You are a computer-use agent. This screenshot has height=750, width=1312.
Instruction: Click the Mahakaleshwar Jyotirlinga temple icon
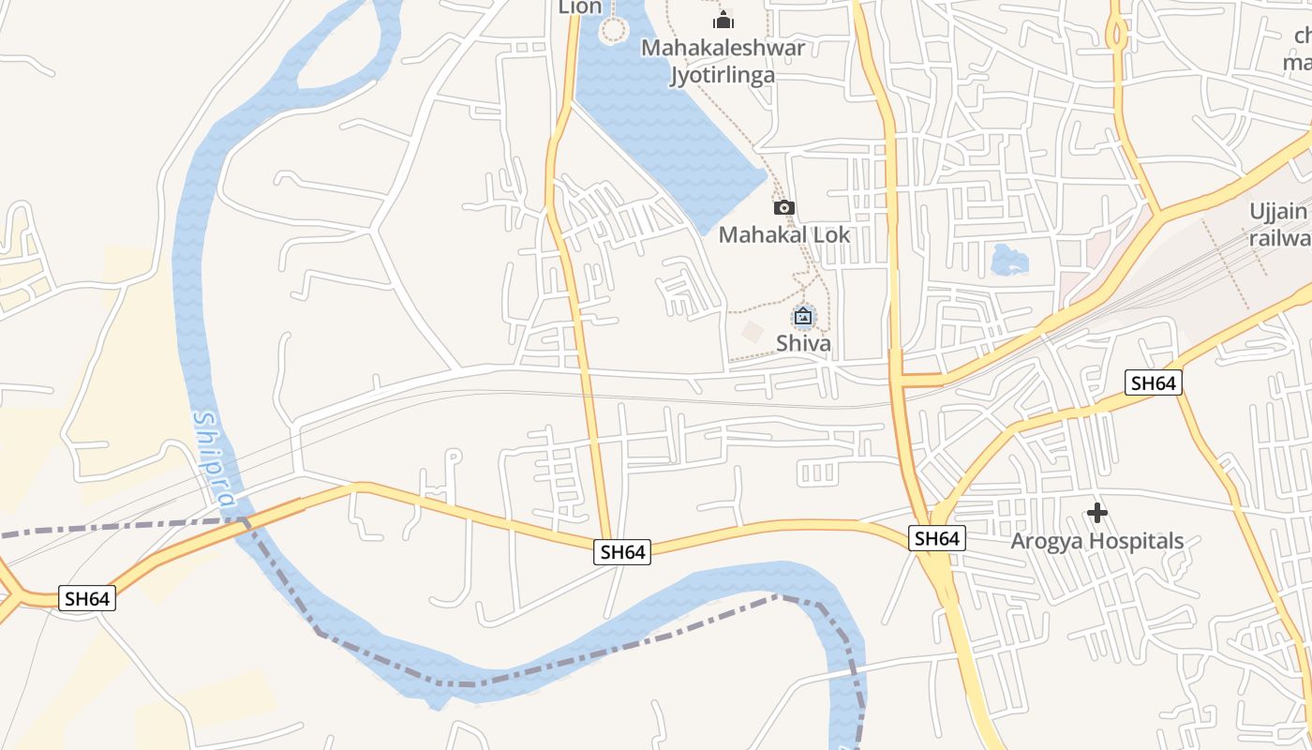point(723,20)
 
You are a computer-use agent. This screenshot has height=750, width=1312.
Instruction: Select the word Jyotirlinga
point(723,75)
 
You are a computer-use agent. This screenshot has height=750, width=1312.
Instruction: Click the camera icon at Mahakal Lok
point(784,207)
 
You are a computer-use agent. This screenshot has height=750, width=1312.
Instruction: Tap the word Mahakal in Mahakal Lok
point(761,234)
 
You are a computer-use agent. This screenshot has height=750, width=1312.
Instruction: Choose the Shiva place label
point(803,343)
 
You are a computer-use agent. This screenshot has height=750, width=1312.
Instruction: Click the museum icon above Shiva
point(803,317)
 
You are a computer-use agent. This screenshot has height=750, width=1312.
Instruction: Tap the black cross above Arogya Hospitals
point(1097,513)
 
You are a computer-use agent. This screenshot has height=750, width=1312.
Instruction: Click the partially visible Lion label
point(580,7)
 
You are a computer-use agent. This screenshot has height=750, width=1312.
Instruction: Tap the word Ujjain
point(1277,211)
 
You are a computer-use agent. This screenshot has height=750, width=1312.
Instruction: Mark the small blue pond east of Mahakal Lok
point(1008,260)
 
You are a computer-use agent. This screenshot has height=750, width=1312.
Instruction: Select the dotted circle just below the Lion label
point(613,31)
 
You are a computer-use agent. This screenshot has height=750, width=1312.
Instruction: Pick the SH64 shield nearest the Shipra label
point(87,598)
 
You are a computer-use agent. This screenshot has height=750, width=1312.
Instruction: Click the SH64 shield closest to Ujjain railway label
point(1153,382)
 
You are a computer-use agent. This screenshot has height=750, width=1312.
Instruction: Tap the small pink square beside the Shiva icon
point(752,331)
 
